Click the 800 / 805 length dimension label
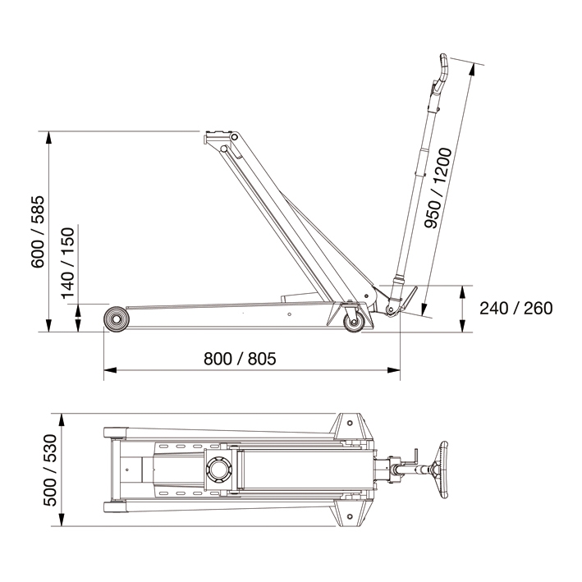[x=240, y=359]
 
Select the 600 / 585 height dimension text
[x=38, y=232]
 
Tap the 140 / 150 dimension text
[x=68, y=264]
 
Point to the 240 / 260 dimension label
[x=516, y=308]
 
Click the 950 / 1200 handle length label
[x=438, y=188]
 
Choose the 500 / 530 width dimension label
[x=50, y=470]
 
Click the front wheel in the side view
[x=117, y=319]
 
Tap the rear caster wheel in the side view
[x=354, y=322]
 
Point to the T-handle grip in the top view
[x=442, y=470]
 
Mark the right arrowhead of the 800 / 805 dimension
[x=394, y=370]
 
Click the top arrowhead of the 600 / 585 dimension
[x=48, y=138]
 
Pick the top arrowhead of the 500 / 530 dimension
[x=62, y=419]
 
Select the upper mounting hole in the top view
[x=349, y=423]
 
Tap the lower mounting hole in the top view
[x=349, y=516]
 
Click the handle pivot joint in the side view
[x=390, y=309]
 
